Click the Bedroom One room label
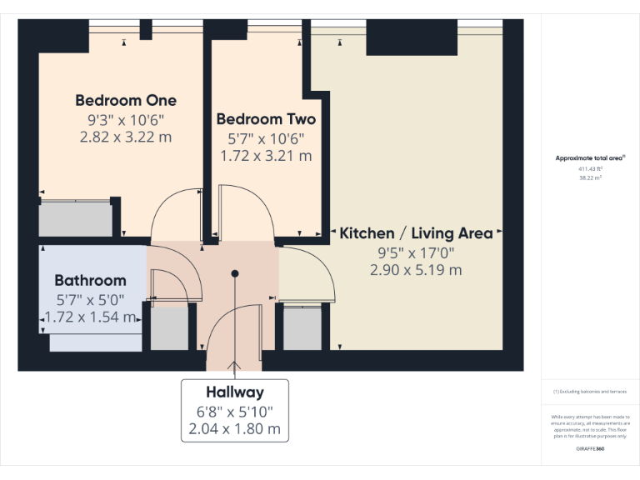(126, 100)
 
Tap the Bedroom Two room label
(266, 119)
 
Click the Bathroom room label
(90, 281)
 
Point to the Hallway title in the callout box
(235, 392)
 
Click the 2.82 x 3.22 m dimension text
(126, 137)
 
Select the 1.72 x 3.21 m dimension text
(266, 156)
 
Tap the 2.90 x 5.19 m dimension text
(416, 270)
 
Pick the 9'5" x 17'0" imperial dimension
(416, 252)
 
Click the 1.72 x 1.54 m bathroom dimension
(89, 317)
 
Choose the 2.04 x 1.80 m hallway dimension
(235, 430)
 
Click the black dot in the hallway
(236, 272)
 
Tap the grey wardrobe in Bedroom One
(76, 219)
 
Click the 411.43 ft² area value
(590, 168)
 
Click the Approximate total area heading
(590, 157)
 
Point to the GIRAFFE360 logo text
(590, 449)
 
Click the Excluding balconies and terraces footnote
(590, 391)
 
